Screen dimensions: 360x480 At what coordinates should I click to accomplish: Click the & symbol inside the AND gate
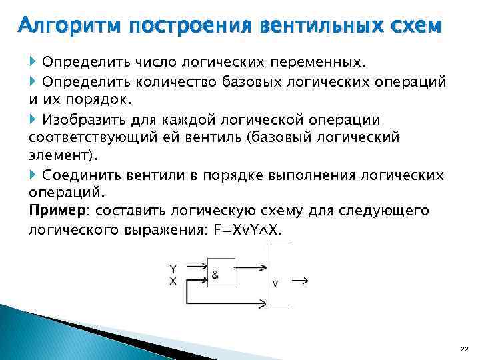216,274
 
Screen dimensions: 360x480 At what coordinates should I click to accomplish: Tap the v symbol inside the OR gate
275,283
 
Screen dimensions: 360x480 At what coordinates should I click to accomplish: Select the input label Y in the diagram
173,269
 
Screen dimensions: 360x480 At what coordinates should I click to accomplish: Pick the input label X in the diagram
173,281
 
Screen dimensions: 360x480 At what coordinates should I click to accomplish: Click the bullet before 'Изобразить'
34,119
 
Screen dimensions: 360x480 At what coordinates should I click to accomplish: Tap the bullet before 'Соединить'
34,175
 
